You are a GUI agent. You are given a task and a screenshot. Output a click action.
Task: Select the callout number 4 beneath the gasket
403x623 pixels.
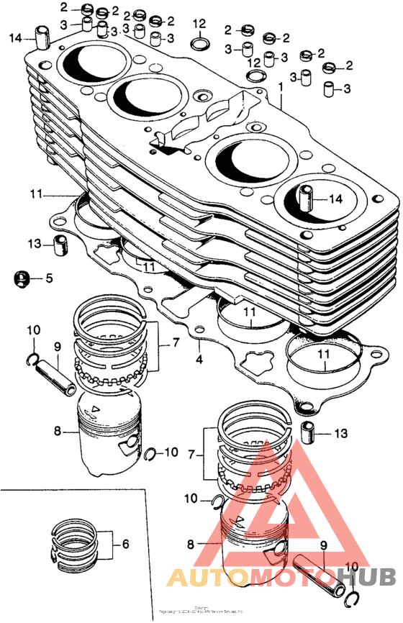[199, 358]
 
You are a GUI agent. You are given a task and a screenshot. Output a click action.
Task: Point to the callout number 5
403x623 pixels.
[49, 278]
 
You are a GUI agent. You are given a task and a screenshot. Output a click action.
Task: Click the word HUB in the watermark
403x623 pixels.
[366, 577]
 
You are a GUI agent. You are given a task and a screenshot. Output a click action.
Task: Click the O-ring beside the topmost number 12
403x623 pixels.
[199, 45]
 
